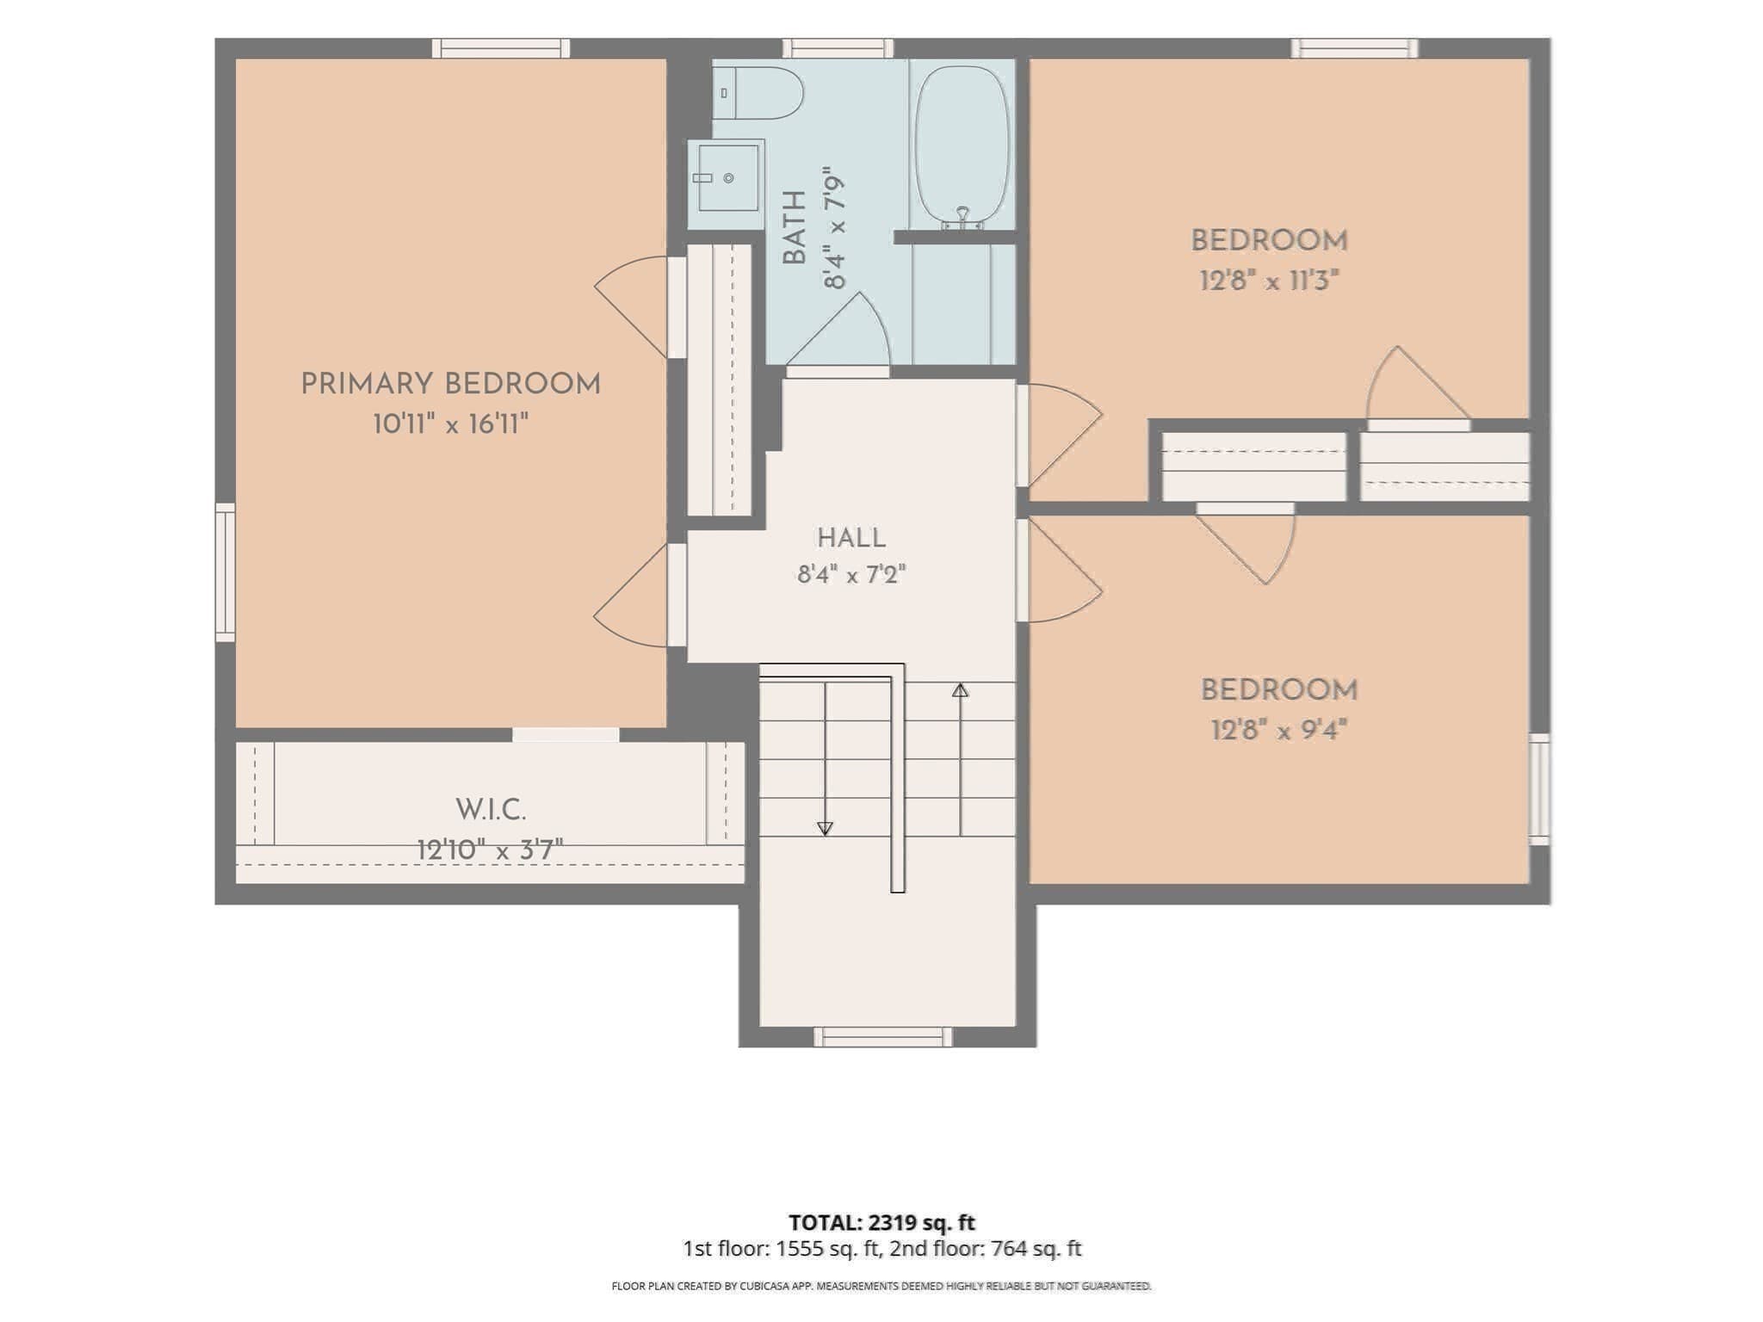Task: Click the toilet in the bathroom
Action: [x=758, y=93]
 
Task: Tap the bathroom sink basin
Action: [x=727, y=178]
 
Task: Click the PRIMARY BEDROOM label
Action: [x=450, y=384]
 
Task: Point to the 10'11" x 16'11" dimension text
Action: [x=450, y=424]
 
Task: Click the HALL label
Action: [x=851, y=539]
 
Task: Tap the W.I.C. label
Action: [x=491, y=810]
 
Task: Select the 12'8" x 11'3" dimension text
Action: [x=1270, y=281]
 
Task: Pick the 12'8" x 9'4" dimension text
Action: [x=1278, y=731]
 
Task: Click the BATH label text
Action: [x=795, y=227]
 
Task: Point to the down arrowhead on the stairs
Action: [x=825, y=829]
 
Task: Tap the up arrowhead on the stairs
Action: [x=961, y=689]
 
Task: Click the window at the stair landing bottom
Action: [x=883, y=1037]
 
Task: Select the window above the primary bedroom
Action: [x=500, y=48]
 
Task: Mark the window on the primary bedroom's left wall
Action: [x=225, y=572]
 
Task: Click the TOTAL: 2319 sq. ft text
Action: [x=881, y=1222]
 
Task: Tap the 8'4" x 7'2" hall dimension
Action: [x=851, y=574]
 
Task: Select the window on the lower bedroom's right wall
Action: [x=1539, y=789]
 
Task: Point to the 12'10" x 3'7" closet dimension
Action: [x=490, y=850]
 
